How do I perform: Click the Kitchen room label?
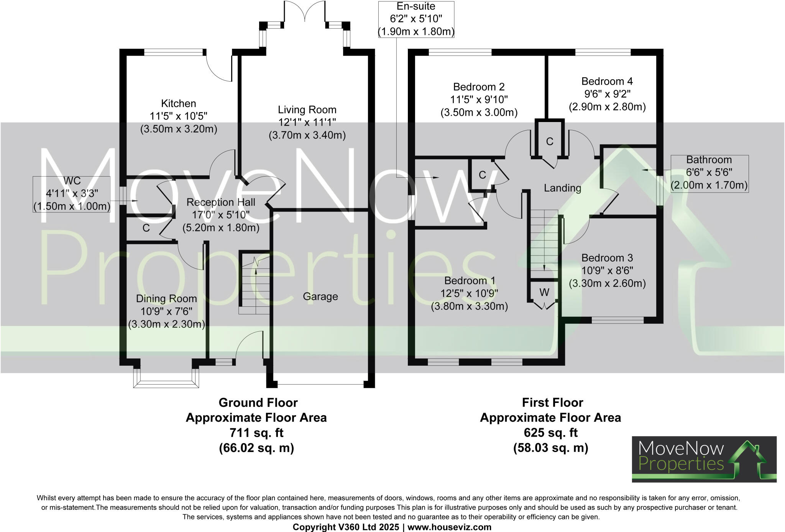[x=179, y=103]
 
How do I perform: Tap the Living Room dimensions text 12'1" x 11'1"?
[x=307, y=123]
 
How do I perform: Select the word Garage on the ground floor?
[x=320, y=296]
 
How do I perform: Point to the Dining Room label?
[x=166, y=299]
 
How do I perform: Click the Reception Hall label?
[x=221, y=202]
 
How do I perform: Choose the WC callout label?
[x=72, y=181]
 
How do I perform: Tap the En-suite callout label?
[x=416, y=7]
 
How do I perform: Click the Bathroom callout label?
[x=709, y=160]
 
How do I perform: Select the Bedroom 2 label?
[x=479, y=87]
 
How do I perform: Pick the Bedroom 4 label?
[x=607, y=81]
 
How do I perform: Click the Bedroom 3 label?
[x=607, y=258]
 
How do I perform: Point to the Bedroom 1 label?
[x=470, y=281]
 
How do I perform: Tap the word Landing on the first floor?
[x=563, y=188]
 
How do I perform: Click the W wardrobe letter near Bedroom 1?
[x=544, y=292]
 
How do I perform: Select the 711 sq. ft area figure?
[x=256, y=433]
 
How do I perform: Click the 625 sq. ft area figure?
[x=551, y=433]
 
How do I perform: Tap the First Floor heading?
[x=552, y=403]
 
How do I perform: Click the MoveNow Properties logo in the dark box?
[x=704, y=459]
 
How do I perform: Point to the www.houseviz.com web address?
[x=449, y=527]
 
